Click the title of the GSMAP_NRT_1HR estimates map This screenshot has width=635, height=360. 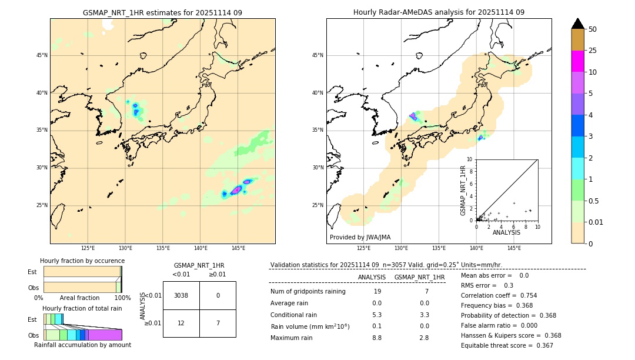click(162, 12)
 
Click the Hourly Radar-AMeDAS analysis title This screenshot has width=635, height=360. click(439, 12)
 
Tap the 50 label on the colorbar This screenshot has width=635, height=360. click(593, 29)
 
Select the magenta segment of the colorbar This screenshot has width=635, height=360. click(577, 61)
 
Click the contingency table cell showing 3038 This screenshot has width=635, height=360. click(181, 295)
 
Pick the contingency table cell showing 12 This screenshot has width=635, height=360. click(181, 324)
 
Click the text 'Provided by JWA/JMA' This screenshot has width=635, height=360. click(360, 237)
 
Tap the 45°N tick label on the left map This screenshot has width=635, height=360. click(42, 55)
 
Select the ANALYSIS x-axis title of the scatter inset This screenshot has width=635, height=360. click(506, 232)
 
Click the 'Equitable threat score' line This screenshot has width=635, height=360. click(506, 345)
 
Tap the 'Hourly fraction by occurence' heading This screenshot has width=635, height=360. click(82, 261)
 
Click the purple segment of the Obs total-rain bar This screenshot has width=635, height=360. click(105, 335)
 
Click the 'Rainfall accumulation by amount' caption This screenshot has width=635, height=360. click(82, 345)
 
